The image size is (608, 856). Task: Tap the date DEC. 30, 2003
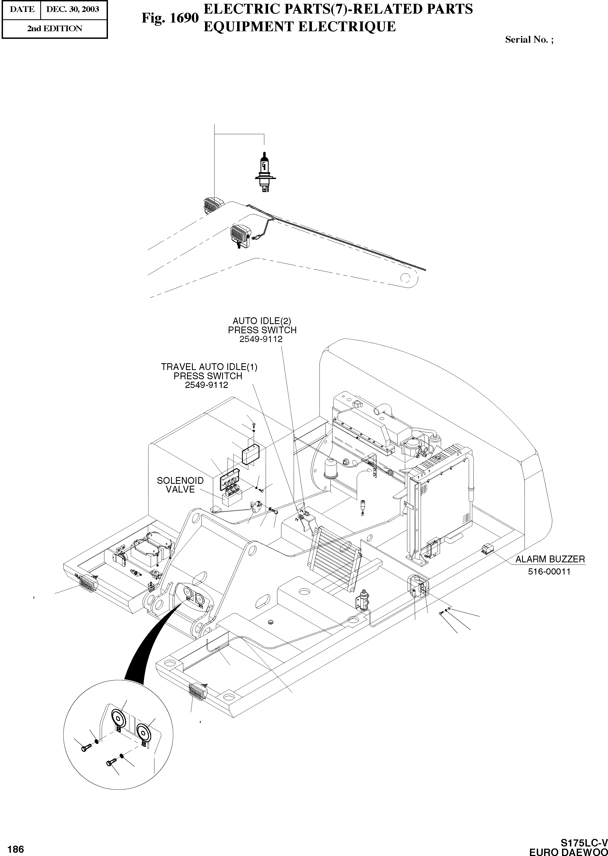[x=73, y=9]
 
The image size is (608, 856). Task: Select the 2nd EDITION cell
[x=55, y=29]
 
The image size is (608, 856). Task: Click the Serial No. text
[x=529, y=40]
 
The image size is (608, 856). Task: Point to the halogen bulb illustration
[x=265, y=172]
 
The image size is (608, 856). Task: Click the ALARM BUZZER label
[x=550, y=559]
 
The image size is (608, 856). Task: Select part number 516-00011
[x=549, y=571]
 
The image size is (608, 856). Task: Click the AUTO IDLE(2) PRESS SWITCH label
[x=262, y=325]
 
